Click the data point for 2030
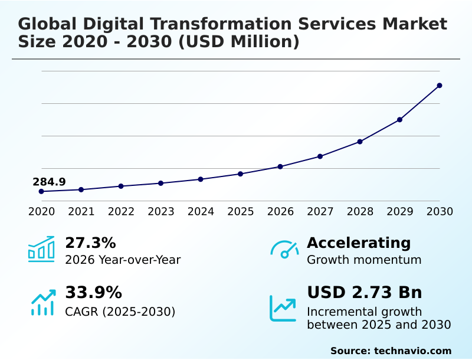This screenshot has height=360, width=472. [440, 86]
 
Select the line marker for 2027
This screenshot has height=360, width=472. [320, 156]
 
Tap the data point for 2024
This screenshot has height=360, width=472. [201, 179]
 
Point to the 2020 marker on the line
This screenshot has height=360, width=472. [41, 191]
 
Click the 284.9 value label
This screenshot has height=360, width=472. [49, 182]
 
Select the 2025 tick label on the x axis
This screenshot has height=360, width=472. [241, 211]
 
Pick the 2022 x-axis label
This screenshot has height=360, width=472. [121, 211]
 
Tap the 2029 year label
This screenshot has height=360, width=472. [399, 211]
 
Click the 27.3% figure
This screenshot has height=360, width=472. [90, 243]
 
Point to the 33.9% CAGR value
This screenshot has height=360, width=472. [93, 293]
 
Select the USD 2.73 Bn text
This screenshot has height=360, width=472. [365, 293]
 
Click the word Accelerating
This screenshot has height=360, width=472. [359, 243]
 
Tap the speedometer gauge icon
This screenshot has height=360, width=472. [284, 250]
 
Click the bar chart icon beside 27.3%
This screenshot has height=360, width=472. [41, 249]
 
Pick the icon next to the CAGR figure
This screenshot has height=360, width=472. [42, 302]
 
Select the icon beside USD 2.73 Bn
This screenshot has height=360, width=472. [283, 308]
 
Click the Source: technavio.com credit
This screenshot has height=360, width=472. [391, 351]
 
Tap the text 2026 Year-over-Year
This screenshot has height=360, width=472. [123, 260]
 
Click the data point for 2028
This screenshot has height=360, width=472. [360, 142]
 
